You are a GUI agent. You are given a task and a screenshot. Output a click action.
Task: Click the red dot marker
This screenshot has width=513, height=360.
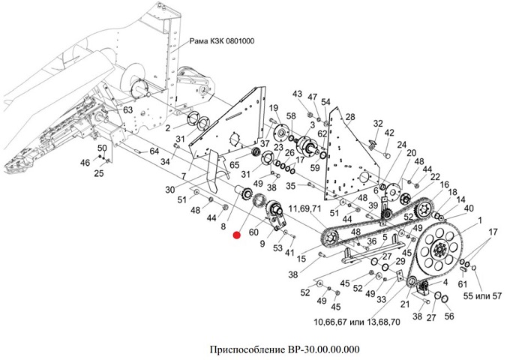(236, 235)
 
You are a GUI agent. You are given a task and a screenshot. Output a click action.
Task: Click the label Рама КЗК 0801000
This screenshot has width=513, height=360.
(222, 41)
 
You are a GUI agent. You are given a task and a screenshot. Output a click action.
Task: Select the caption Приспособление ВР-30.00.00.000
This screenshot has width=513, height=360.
(284, 349)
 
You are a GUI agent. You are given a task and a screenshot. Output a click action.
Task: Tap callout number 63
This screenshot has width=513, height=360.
(128, 109)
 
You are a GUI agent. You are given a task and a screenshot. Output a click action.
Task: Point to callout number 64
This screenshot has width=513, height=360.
(154, 151)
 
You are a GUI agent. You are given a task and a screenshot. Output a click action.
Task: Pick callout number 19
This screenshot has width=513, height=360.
(274, 108)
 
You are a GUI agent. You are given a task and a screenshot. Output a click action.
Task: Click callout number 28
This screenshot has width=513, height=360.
(350, 117)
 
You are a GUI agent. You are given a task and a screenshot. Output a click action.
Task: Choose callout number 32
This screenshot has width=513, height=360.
(378, 124)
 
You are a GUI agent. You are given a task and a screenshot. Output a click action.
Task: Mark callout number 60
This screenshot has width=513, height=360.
(253, 232)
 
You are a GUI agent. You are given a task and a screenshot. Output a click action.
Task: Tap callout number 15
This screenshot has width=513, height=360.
(301, 259)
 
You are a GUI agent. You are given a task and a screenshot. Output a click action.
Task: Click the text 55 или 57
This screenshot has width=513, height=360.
(482, 296)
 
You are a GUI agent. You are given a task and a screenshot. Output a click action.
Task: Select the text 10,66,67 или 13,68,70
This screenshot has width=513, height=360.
(356, 322)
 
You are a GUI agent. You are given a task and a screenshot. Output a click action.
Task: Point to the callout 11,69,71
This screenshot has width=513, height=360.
(305, 208)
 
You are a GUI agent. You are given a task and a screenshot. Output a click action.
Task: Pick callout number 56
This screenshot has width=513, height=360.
(449, 316)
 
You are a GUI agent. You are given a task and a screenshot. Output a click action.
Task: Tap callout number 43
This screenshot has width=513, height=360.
(297, 94)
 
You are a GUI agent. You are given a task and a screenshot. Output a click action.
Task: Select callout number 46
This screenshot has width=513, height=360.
(85, 162)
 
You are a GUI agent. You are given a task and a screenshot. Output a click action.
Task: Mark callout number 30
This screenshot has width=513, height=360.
(170, 190)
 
